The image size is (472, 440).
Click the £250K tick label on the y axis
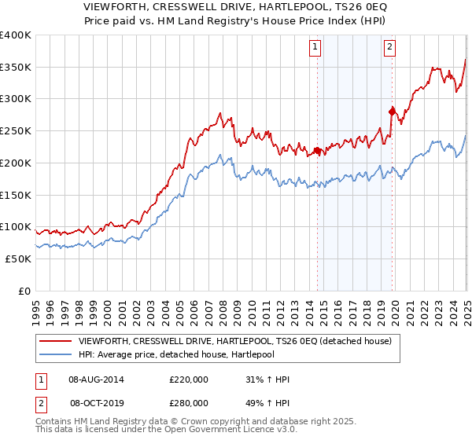pyautogui.click(x=16, y=130)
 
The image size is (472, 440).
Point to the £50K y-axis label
pyautogui.click(x=18, y=258)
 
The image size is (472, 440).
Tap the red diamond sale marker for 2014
pyautogui.click(x=317, y=150)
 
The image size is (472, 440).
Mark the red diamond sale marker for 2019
pyautogui.click(x=392, y=112)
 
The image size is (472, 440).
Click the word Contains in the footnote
pyautogui.click(x=56, y=423)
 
